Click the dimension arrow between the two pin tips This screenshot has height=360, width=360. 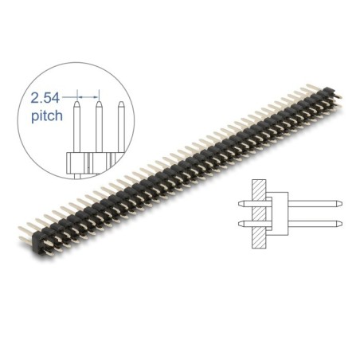tap(88, 93)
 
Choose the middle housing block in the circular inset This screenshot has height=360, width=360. tap(99, 164)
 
